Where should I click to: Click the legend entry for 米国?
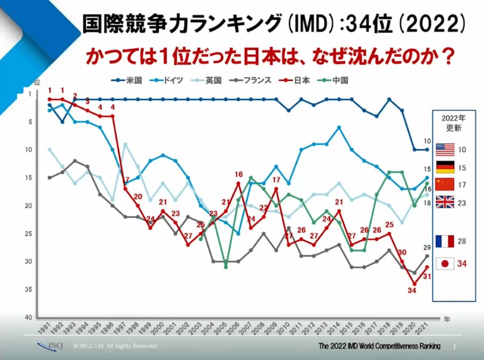point(126,81)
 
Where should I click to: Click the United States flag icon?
point(445,149)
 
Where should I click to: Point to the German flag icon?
point(445,167)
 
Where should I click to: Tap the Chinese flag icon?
point(445,184)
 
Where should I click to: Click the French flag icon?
point(445,241)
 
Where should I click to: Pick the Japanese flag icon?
point(445,264)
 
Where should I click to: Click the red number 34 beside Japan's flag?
point(462,264)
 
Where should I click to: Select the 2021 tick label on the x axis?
point(424,328)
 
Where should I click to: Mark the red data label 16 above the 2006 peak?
point(239,175)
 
